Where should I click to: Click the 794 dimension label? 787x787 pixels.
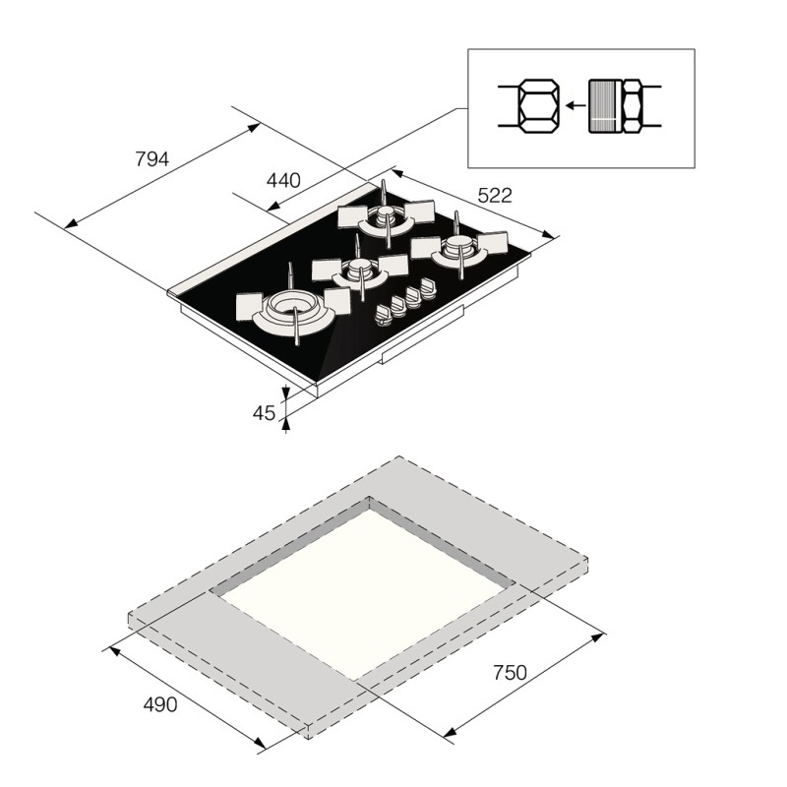[152, 159]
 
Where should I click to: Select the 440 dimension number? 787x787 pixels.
[283, 180]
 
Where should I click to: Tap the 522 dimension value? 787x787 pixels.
[495, 195]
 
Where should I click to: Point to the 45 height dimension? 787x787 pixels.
[264, 413]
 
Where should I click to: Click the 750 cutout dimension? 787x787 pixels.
[510, 673]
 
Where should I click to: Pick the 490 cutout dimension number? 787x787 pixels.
[160, 704]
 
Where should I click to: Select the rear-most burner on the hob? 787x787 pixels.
[386, 215]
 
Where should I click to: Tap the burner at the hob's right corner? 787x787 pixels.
[458, 247]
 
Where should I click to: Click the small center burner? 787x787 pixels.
[359, 270]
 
